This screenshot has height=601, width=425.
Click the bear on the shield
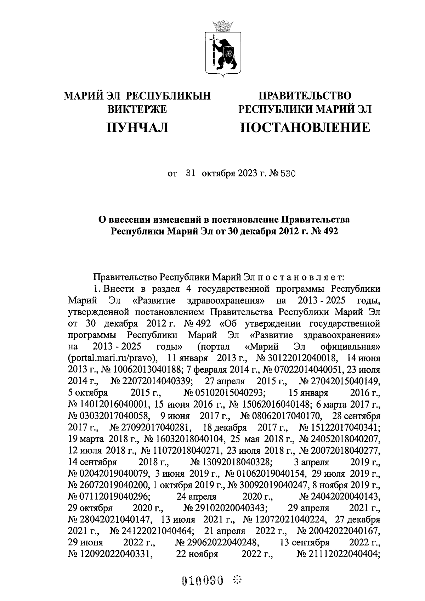point(224,53)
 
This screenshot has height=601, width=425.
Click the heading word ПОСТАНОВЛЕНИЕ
point(305,127)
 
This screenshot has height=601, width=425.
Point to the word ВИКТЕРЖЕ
point(137,109)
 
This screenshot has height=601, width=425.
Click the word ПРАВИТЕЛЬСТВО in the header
point(305,96)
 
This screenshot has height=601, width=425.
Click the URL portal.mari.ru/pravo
point(112,358)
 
